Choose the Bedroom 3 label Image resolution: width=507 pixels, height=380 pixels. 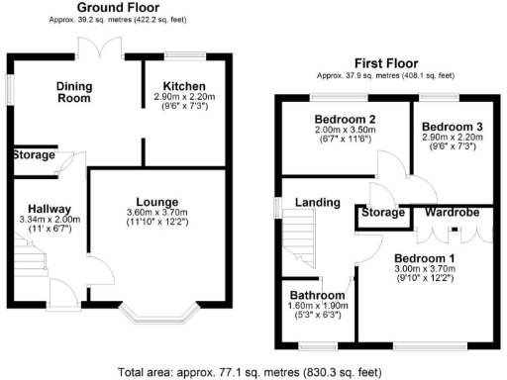pos(451,128)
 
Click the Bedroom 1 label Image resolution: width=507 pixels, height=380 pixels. pos(422,255)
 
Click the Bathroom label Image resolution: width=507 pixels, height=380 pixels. pos(318,296)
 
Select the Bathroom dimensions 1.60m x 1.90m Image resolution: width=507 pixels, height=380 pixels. pos(318,307)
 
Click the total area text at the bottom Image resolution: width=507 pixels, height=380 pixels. pos(253,372)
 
